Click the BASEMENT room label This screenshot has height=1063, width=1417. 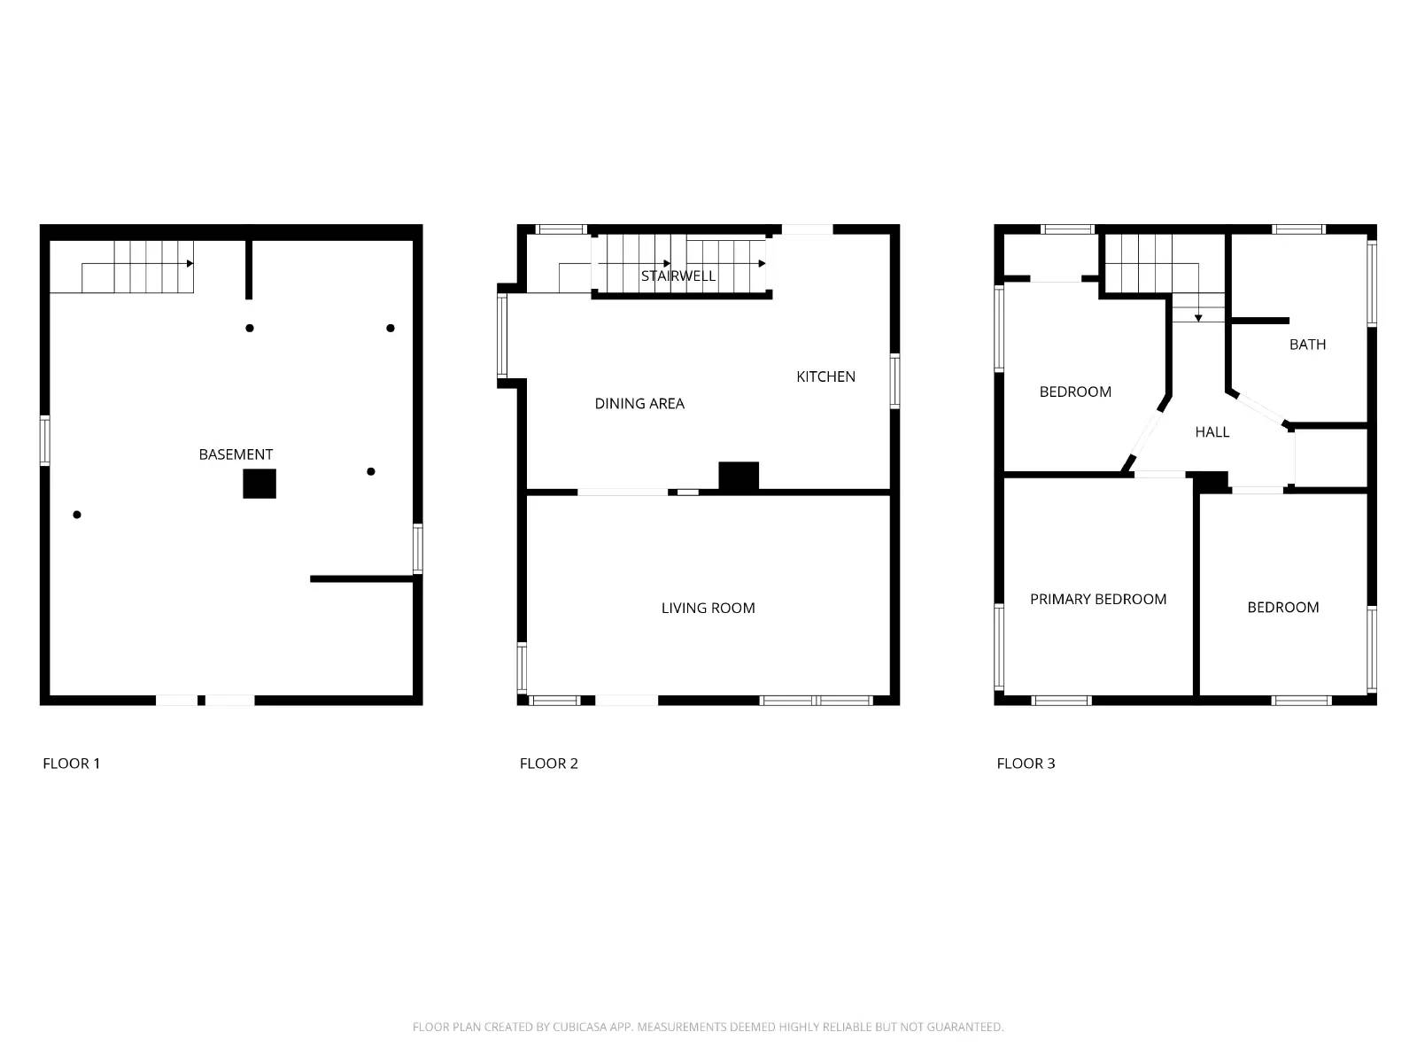pos(236,454)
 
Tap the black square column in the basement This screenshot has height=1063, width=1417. pos(259,484)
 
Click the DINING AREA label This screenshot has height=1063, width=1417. pos(639,404)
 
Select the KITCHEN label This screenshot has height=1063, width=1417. pos(825,376)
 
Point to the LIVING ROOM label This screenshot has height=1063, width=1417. pos(708,608)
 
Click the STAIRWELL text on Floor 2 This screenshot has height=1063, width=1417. pos(678,275)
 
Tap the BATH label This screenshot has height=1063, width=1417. pos(1307,345)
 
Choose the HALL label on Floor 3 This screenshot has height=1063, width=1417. pos(1212,432)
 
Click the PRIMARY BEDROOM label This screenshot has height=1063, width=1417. pos(1098,599)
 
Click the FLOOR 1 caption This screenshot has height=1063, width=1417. pos(72,764)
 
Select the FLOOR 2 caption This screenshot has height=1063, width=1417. pos(549,764)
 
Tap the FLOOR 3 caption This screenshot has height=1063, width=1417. pos(1026,764)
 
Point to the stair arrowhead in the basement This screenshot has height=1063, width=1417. pos(190,263)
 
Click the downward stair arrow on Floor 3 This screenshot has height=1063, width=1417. pos(1198,316)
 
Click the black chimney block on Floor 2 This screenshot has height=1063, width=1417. pos(739,476)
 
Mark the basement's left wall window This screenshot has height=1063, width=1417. pos(45,440)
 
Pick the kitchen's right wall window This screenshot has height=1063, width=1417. pos(894,381)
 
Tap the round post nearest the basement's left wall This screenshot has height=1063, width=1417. pos(77,515)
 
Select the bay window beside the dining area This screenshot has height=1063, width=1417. pos(502,336)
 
